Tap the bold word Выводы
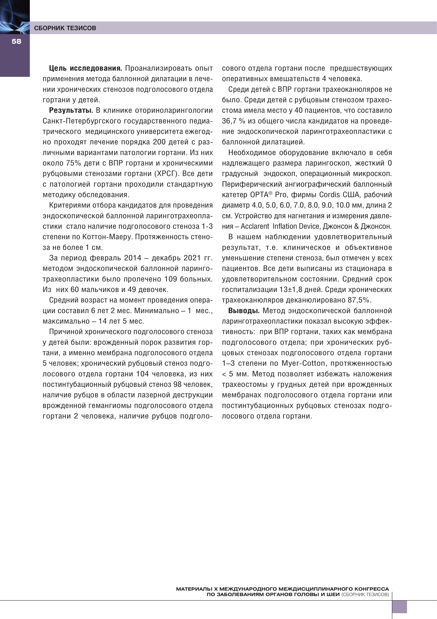244,311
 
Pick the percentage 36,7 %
233,121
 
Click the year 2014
132,258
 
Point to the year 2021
192,258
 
